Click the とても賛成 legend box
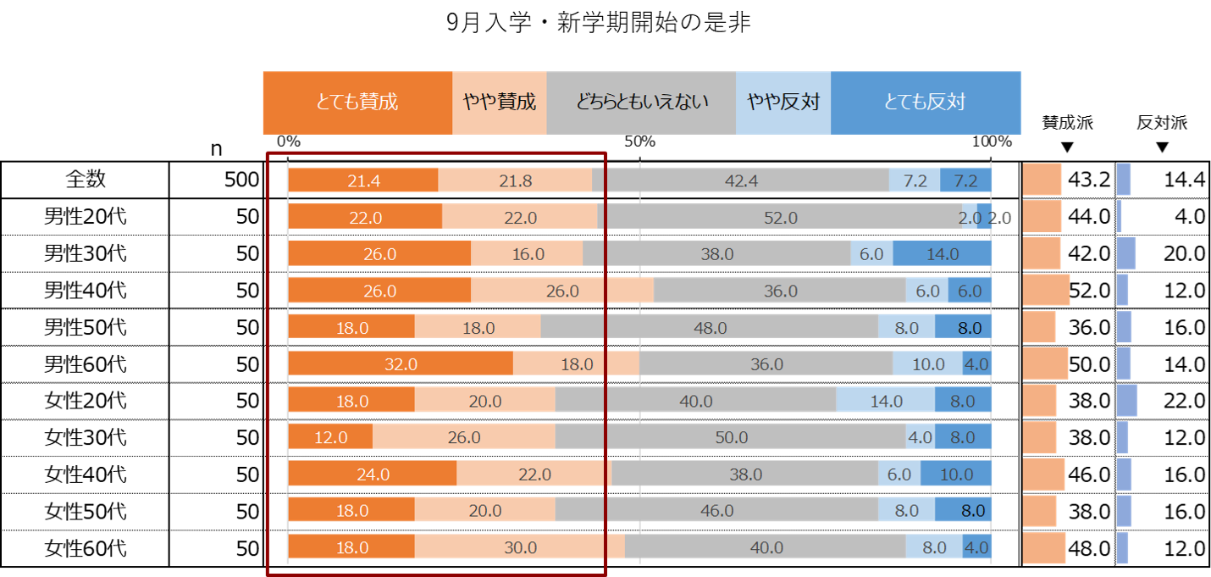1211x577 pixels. [x=357, y=103]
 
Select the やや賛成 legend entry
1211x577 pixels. [x=500, y=103]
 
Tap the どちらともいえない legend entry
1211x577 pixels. [x=641, y=103]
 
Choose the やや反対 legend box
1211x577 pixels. [x=783, y=103]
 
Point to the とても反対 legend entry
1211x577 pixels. [x=926, y=103]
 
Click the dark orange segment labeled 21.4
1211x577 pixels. [x=363, y=180]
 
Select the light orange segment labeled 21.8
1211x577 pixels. [x=515, y=180]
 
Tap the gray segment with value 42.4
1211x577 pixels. [x=741, y=180]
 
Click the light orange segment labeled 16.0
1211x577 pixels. [x=527, y=254]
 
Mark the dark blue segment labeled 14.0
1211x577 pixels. [x=943, y=254]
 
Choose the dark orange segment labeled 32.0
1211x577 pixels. [x=401, y=364]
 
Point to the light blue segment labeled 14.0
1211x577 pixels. [x=886, y=401]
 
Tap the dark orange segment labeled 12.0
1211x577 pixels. [x=330, y=437]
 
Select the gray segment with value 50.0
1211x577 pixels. [x=731, y=437]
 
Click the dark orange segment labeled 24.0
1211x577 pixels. [x=373, y=474]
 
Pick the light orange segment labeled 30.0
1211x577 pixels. [x=520, y=547]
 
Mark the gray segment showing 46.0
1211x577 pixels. [x=716, y=511]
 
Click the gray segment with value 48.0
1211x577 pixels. [x=710, y=327]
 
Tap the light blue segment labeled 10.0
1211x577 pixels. [x=928, y=364]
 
